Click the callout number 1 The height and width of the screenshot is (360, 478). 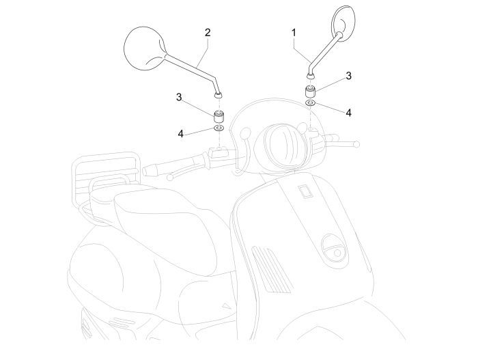(294, 32)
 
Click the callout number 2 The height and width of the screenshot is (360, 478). (208, 32)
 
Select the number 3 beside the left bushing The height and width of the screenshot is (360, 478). (180, 97)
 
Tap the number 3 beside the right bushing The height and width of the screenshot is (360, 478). (348, 76)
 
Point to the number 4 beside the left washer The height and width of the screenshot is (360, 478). (181, 133)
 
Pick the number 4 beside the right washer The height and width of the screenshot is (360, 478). (348, 112)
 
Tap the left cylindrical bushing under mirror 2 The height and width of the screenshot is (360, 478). (219, 115)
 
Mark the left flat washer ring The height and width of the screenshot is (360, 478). (219, 128)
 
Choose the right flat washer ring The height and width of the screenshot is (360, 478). (309, 102)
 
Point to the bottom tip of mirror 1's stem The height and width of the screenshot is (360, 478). (309, 71)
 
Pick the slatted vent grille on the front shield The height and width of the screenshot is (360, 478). (269, 269)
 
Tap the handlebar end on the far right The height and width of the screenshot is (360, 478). (354, 143)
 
